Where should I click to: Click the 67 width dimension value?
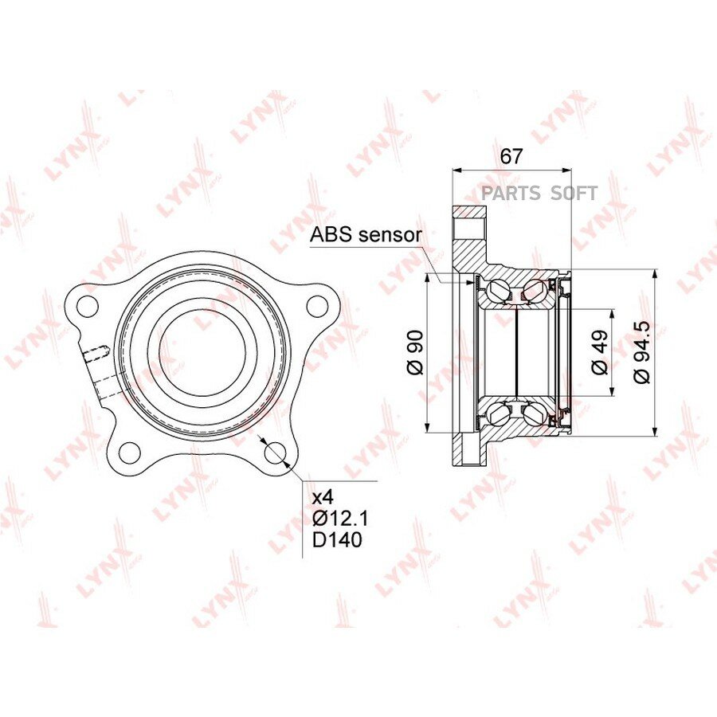coord(511,156)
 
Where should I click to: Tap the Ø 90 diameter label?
coord(416,353)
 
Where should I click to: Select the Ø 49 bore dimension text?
coord(600,352)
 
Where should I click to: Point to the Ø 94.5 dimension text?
coord(641,351)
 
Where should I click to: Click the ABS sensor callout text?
coord(366,235)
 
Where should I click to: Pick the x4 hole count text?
coord(323,497)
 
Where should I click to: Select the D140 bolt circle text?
coord(337,540)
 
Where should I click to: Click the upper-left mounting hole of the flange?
coord(88,305)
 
